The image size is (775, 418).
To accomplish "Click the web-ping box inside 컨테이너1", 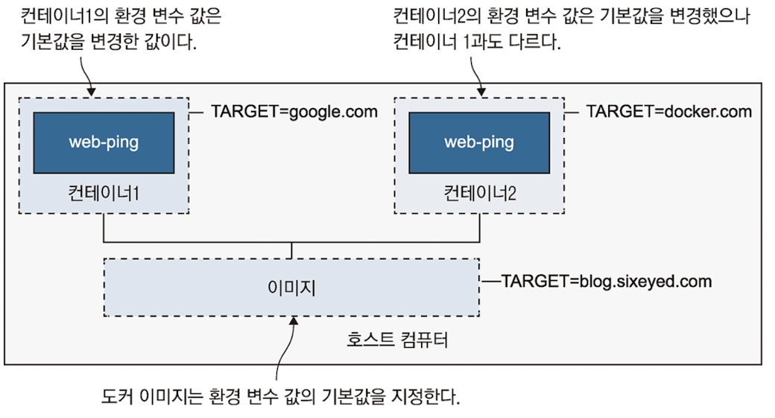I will (x=104, y=142).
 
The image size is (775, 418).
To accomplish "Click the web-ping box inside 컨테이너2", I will (x=478, y=142).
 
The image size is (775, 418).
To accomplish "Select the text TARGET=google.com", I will (x=294, y=113).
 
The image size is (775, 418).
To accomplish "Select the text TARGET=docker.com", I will (x=669, y=113).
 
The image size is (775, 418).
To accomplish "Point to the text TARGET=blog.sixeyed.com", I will (x=607, y=282).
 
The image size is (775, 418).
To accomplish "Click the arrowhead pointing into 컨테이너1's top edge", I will (x=92, y=92).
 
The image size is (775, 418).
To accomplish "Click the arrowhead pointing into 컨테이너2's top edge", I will (x=478, y=92).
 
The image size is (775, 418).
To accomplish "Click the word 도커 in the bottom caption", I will (x=113, y=393).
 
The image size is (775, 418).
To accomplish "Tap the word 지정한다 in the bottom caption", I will (x=430, y=393).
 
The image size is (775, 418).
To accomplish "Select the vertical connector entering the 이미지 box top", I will (x=291, y=250).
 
